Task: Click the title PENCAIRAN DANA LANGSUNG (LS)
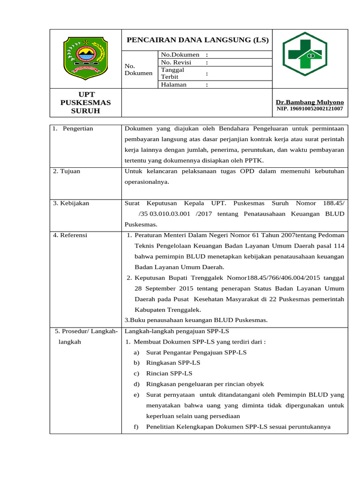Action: pos(198,40)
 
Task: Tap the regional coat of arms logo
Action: pos(85,58)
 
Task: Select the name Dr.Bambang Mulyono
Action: pos(309,102)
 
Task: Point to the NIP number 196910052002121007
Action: pos(309,109)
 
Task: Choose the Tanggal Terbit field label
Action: pos(172,73)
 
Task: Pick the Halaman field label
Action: pos(173,85)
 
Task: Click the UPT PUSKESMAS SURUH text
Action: pos(85,103)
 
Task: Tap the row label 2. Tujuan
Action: pos(67,171)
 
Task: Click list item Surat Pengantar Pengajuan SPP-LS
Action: pos(196,352)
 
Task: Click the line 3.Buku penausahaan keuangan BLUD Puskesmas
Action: pos(196,320)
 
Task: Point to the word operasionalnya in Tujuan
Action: pos(147,182)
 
